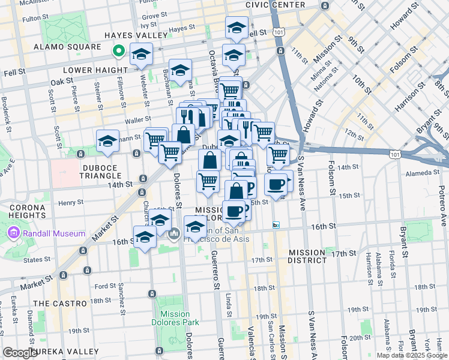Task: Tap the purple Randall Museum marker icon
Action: (13, 232)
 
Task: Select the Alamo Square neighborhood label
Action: (67, 47)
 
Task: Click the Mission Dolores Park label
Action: (175, 318)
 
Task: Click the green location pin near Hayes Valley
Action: (119, 52)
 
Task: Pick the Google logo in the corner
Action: (19, 353)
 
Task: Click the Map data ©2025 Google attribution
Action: (412, 355)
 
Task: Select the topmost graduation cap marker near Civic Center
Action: (237, 28)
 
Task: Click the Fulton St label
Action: (32, 19)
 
